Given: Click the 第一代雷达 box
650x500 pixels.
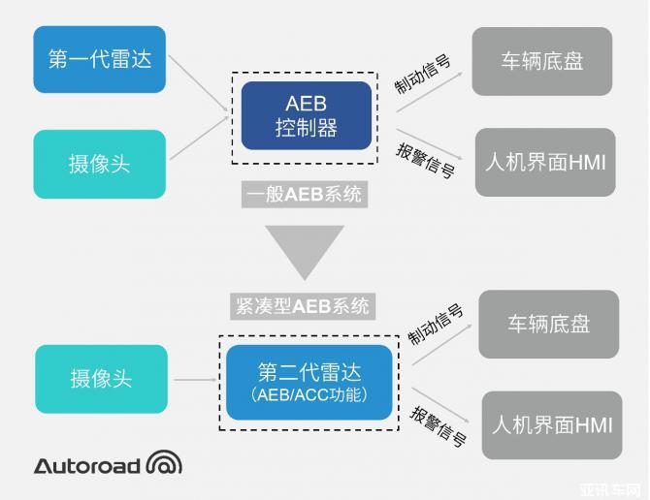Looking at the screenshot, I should click(x=100, y=59).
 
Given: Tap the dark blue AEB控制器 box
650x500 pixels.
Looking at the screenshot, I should click(x=306, y=115).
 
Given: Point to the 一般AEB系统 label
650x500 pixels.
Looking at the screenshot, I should click(x=305, y=195).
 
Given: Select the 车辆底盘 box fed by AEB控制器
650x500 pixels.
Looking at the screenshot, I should click(x=542, y=61).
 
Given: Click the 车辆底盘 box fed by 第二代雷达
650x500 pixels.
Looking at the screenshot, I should click(x=548, y=324).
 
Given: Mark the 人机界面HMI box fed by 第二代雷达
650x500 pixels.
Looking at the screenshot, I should click(x=552, y=424).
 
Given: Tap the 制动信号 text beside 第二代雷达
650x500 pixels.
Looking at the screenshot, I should click(x=436, y=325).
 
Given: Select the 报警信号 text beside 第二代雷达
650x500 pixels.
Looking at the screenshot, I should click(x=439, y=427).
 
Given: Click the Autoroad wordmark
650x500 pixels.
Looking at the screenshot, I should click(x=87, y=465).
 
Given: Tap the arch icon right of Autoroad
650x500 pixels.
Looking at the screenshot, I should click(x=164, y=464).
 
